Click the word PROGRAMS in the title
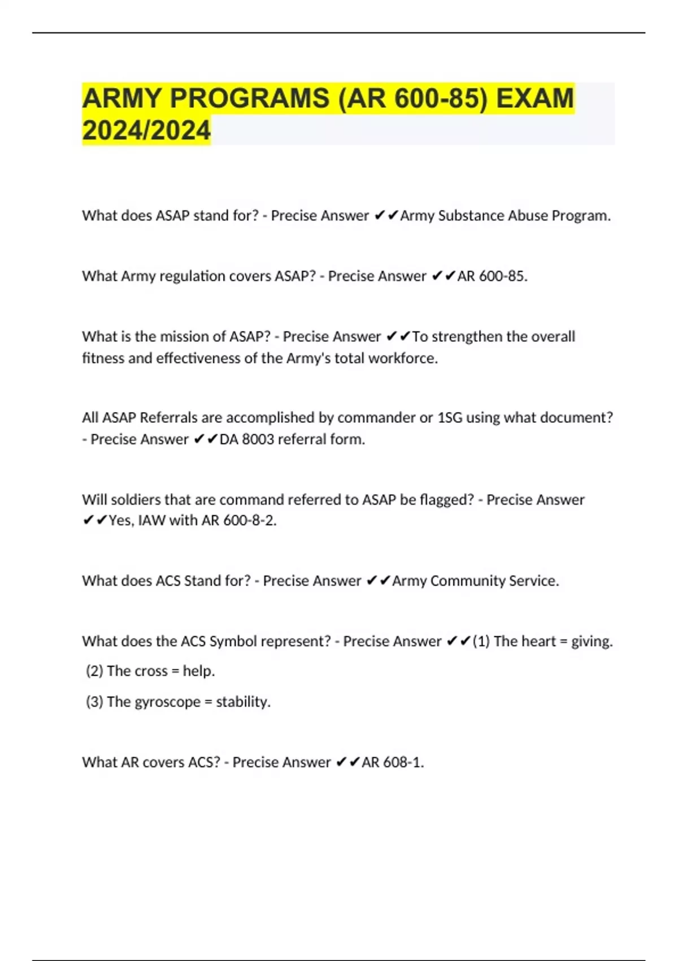tap(249, 98)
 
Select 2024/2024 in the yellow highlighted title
tap(146, 131)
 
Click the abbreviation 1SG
tap(450, 418)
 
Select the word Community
tap(467, 581)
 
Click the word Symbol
tap(231, 641)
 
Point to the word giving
tap(592, 642)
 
